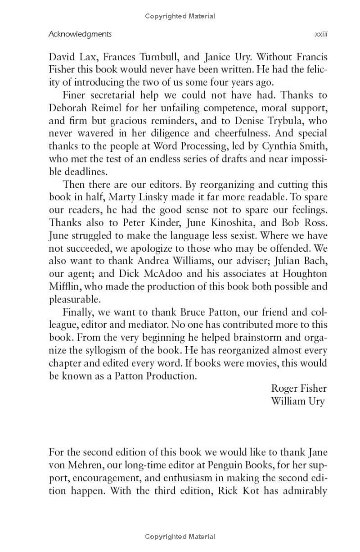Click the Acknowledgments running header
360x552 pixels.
pos(80,34)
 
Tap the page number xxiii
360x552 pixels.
pos(321,34)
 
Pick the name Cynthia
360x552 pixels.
pos(286,146)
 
